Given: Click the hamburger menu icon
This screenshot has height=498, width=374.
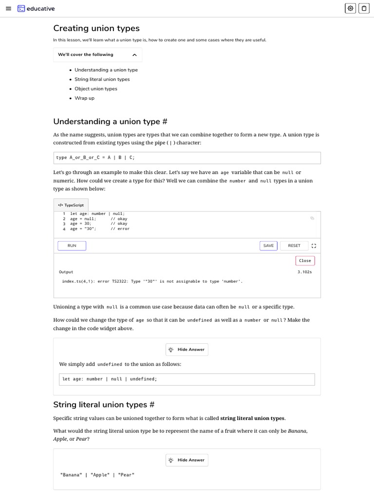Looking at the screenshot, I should [8, 8].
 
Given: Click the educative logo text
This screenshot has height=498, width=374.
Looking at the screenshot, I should [40, 9].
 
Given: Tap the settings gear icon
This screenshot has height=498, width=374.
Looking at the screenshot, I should [350, 8].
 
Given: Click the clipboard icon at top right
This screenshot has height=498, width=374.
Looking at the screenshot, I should [364, 8].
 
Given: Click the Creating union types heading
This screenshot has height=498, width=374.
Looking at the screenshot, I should [96, 28].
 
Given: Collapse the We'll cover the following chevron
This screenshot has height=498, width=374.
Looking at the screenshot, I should [134, 55].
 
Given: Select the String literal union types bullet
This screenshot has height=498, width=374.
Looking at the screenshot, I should [102, 79].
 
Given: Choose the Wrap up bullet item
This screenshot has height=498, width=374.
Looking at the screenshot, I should [84, 98].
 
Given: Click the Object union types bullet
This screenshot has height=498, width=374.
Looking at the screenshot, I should [95, 89].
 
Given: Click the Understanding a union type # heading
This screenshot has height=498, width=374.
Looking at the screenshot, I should [111, 122].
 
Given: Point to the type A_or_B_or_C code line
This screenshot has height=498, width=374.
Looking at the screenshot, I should [95, 158].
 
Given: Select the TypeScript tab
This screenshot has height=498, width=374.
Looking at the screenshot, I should [71, 205].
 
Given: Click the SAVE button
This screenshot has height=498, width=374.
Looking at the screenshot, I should [268, 246].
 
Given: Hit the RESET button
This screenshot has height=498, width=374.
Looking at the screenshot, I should [294, 246].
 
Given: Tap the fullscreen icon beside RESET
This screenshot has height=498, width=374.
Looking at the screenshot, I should [314, 246].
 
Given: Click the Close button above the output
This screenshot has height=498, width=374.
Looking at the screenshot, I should [305, 261].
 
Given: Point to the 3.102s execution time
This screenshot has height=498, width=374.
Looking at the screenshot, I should [304, 272].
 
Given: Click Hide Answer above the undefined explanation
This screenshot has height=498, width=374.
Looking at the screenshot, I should [187, 350].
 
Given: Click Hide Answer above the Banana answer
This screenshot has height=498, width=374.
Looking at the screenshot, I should [187, 460].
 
